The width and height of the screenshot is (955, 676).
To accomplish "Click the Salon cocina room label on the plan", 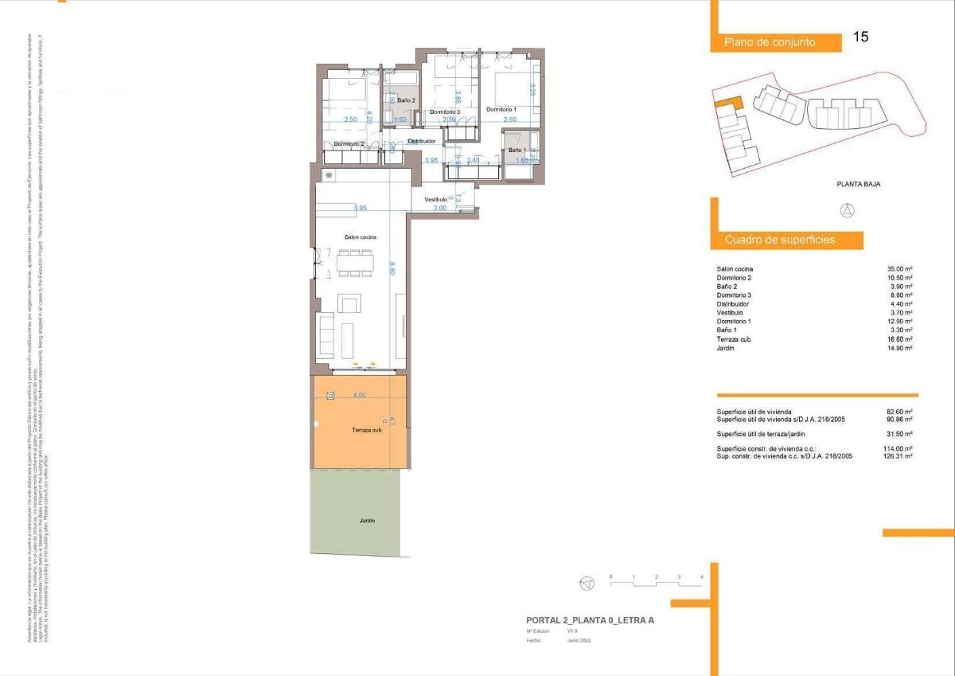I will (360, 237).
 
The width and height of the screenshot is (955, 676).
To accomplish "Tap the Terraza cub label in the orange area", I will (368, 431).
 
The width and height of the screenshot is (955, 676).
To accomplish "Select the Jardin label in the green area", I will (366, 521).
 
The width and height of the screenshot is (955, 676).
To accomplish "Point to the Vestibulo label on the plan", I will (435, 199).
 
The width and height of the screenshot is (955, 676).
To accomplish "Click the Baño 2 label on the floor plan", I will (406, 100).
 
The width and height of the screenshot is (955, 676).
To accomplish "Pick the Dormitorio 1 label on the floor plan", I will (501, 109).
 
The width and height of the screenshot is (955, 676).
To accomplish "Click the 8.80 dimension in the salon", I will (392, 271).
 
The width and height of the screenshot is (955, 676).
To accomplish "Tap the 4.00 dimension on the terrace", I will (359, 395).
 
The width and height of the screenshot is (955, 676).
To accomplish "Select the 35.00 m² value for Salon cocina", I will (899, 269).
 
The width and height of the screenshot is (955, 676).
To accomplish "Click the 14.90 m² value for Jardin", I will (899, 348).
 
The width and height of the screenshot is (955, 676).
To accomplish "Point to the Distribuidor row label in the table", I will (733, 304).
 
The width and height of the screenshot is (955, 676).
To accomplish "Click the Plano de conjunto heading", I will (770, 42).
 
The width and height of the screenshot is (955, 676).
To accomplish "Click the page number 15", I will (860, 37).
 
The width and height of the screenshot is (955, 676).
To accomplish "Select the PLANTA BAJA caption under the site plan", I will (858, 184).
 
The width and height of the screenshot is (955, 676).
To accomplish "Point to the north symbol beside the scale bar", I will (587, 584).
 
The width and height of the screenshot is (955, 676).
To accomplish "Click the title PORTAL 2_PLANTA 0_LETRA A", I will (590, 620).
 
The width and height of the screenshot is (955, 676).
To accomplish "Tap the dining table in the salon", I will (355, 264).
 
